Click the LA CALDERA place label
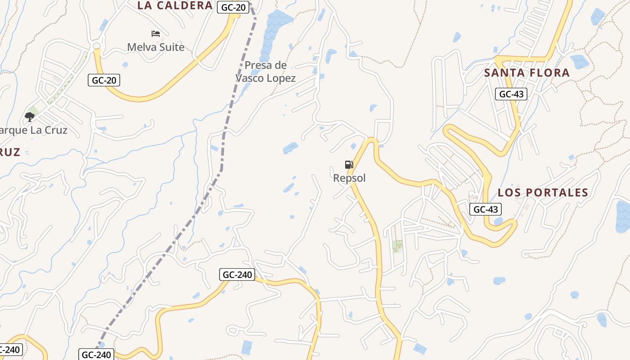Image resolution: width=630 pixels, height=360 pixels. pos(175,5)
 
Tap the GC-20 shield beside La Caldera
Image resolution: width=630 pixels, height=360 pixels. pos(234,7)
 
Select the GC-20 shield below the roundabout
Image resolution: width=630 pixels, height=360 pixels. pos(104,81)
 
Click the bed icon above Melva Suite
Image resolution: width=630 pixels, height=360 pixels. pos(156,34)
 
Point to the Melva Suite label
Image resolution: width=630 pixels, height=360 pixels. pos(156,47)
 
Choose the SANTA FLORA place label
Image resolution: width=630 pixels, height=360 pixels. pos(527,72)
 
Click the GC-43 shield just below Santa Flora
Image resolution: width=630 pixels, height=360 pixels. pos(511,94)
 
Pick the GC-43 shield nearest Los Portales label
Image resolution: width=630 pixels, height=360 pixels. pos(486,209)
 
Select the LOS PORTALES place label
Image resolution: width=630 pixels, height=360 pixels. pos(543,193)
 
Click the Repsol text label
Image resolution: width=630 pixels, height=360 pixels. pos(349,178)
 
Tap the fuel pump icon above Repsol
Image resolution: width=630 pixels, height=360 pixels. pos(349,165)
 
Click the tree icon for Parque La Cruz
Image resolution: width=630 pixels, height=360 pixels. pos(30,117)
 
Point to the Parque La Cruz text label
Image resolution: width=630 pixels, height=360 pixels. pos(34,130)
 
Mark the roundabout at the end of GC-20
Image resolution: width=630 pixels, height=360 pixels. pos(96,46)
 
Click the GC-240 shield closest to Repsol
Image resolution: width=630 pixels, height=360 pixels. pos(237,274)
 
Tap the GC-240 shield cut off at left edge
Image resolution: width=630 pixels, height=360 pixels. pos(10,350)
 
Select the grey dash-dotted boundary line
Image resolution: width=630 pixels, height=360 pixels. pos(221,148)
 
